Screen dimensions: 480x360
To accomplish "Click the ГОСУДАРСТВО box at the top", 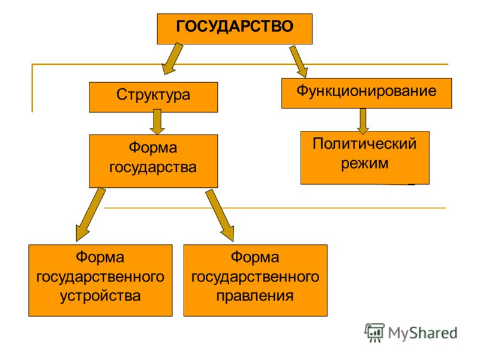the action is tap(235, 29).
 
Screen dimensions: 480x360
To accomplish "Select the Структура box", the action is tap(154, 97).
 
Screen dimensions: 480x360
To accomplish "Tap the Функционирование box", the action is tap(367, 93).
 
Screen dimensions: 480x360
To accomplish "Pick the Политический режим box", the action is tap(365, 158).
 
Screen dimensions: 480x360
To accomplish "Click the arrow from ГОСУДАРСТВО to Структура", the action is tap(173, 59).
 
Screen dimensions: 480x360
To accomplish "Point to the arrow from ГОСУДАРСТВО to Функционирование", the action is tap(298, 62).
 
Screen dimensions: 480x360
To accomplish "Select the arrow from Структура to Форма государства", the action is tap(157, 122).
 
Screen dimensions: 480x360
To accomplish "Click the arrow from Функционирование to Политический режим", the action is tap(363, 121).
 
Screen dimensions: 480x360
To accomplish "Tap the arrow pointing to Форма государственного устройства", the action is tap(91, 214).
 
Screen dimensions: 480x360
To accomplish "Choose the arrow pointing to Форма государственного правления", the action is tap(220, 215).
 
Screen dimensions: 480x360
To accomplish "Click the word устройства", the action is tap(100, 296).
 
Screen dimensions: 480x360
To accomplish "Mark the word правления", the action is tap(255, 296).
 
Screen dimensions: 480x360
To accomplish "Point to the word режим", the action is tap(365, 163).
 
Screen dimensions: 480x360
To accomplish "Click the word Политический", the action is tap(365, 143).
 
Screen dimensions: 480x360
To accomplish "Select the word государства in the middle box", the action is tap(153, 167).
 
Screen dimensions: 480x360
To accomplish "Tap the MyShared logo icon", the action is tap(374, 332).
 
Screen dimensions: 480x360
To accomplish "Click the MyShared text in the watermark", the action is tap(423, 333).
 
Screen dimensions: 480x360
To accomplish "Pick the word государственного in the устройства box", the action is tap(100, 277).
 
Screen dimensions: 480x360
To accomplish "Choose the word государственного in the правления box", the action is tap(256, 277).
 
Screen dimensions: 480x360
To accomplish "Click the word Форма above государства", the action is tap(153, 148).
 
